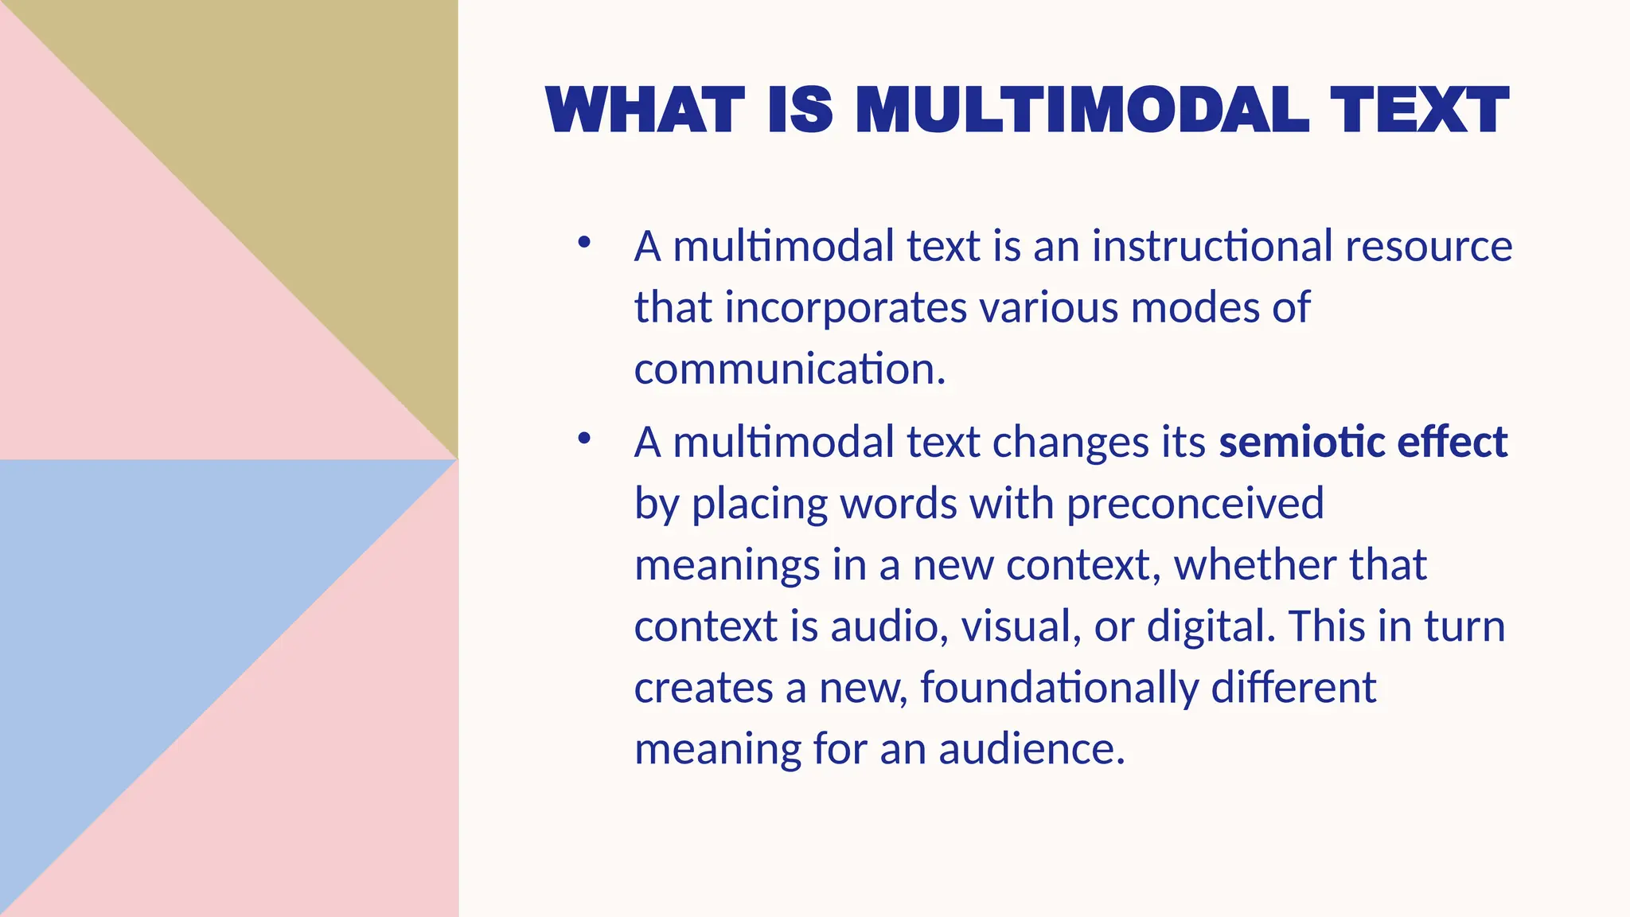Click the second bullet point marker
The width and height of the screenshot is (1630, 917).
584,438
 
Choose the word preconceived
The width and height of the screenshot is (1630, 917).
1195,504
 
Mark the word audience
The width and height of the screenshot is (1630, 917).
1031,749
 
